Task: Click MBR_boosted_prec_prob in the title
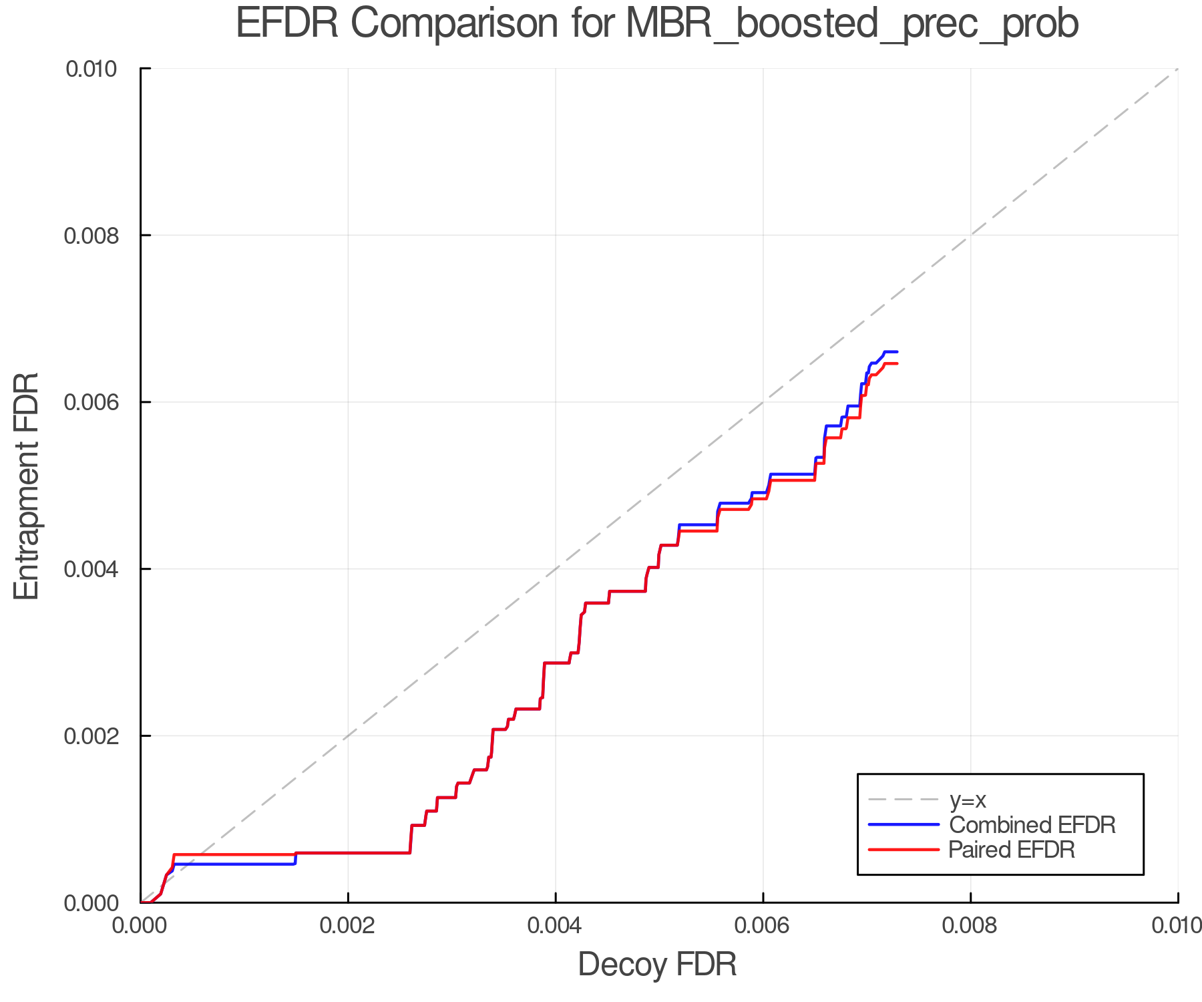pos(851,25)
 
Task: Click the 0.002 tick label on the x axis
pos(348,925)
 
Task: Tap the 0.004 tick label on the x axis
pos(556,925)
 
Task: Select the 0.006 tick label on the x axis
pos(763,925)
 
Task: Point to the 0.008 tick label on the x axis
pos(970,925)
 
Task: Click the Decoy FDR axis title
pos(657,965)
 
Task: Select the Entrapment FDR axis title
pos(27,486)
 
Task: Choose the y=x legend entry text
pos(968,800)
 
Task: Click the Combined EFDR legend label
pos(1032,825)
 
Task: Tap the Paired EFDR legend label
pos(1012,850)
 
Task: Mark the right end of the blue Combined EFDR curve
pos(897,351)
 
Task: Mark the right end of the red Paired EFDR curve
pos(897,363)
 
